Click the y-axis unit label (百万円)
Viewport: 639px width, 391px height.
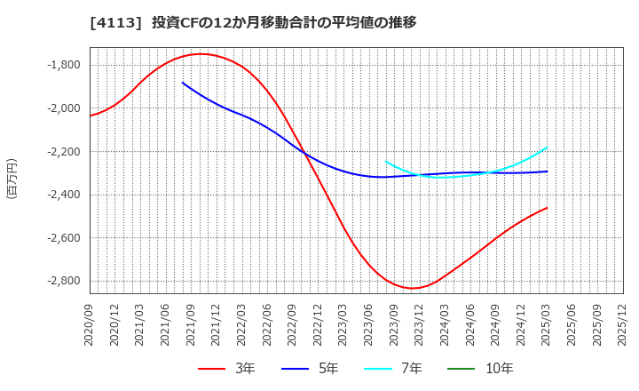coord(12,178)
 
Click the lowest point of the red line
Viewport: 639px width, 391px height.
coord(413,288)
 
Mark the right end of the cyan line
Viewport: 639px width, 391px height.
coord(547,148)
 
